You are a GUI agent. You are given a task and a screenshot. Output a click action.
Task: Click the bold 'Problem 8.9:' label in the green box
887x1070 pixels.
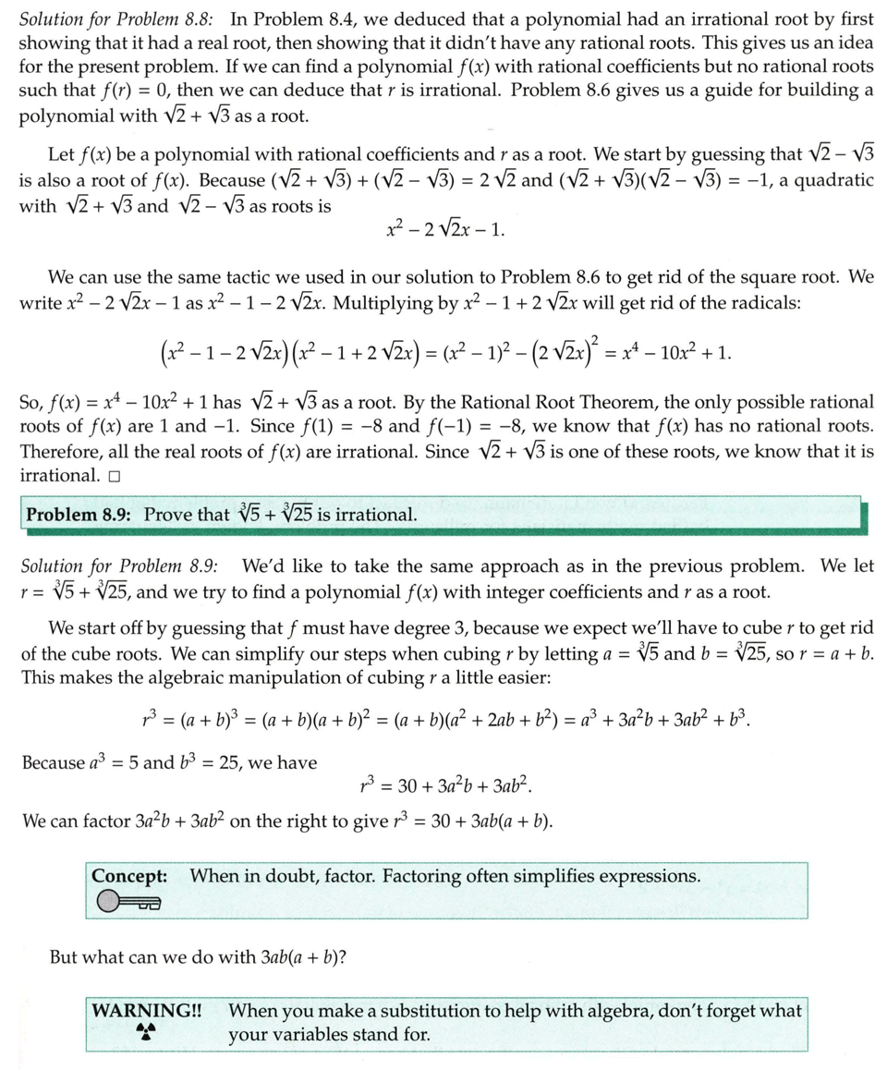pos(80,514)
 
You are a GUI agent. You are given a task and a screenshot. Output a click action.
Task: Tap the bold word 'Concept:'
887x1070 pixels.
pos(129,875)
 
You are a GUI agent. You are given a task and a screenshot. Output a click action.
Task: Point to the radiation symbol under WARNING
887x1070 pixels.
pos(143,1031)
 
